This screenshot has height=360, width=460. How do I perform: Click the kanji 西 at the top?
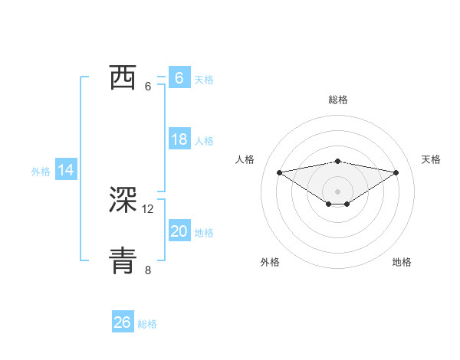tap(123, 77)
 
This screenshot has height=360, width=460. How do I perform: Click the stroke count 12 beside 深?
tap(148, 208)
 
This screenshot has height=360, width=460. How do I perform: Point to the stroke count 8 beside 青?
tap(148, 270)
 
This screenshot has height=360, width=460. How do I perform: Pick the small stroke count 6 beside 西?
tap(148, 86)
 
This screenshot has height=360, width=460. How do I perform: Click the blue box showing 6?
tap(179, 78)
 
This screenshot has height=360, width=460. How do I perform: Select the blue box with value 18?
tap(179, 139)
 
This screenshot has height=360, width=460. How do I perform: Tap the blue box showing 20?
tap(179, 231)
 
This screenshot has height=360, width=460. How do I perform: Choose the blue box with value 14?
tap(66, 171)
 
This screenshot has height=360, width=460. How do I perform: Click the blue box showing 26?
tap(122, 322)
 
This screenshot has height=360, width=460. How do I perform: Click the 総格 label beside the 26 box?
tap(147, 324)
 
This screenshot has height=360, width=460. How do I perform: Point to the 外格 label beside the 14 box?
tap(41, 172)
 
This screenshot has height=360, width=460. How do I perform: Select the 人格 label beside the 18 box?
tap(204, 141)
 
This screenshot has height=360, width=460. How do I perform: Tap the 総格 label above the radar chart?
tap(337, 100)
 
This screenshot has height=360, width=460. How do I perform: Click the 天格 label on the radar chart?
tap(432, 159)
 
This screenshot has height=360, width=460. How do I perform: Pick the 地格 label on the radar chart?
tap(402, 262)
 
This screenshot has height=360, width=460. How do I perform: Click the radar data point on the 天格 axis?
tap(396, 172)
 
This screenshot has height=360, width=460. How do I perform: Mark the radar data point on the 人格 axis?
tap(279, 172)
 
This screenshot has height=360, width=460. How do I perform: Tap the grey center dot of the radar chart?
tap(337, 191)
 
